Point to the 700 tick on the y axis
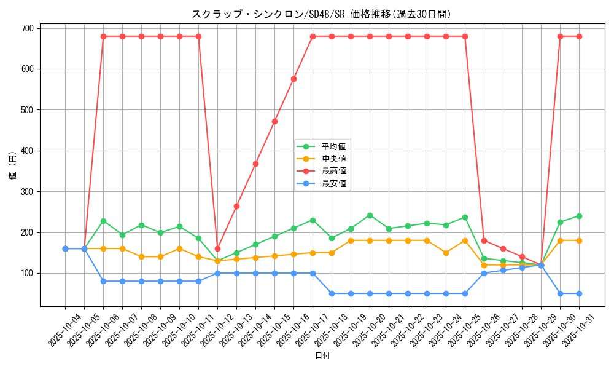click(x=29, y=28)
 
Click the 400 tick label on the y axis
click(x=29, y=151)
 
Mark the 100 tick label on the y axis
click(x=29, y=273)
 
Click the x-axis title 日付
click(x=322, y=356)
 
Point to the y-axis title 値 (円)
click(x=12, y=167)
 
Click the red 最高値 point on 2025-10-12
click(x=217, y=248)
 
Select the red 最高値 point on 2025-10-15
click(x=274, y=121)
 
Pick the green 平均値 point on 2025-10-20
click(x=370, y=215)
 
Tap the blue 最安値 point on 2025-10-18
click(x=332, y=293)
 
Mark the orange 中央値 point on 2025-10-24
click(x=446, y=253)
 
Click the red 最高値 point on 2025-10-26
click(x=484, y=240)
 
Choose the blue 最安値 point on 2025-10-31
click(x=579, y=293)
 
